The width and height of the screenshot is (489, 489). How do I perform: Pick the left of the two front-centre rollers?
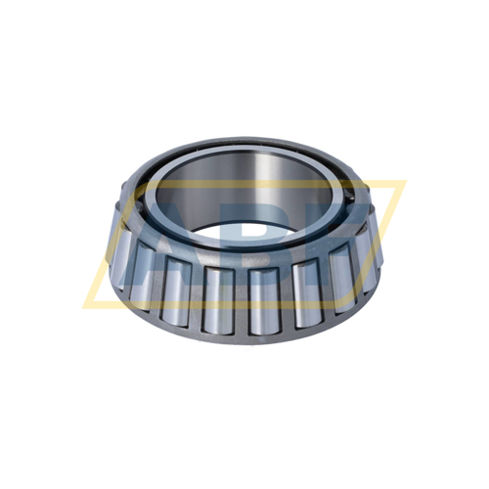pos(217,299)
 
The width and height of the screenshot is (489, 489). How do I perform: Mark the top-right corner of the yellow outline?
pos(404,183)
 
